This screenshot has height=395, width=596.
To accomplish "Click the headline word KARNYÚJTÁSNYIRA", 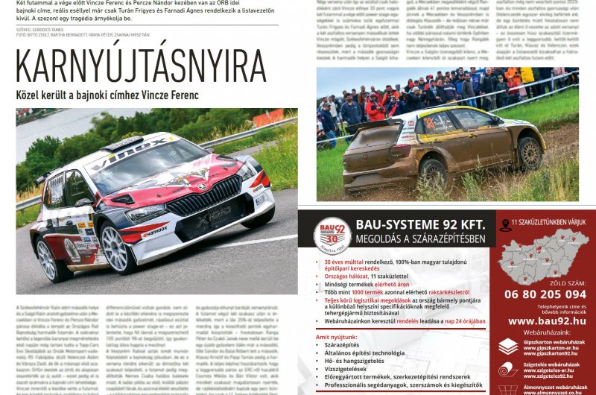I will click(141, 66).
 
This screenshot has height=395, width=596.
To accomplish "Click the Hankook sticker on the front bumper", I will click(154, 232).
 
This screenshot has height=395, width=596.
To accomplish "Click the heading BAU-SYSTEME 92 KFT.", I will click(421, 224).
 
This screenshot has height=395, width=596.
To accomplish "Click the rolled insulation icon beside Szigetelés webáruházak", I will click(508, 369).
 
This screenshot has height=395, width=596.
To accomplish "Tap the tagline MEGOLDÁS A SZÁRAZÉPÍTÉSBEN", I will click(421, 239).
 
